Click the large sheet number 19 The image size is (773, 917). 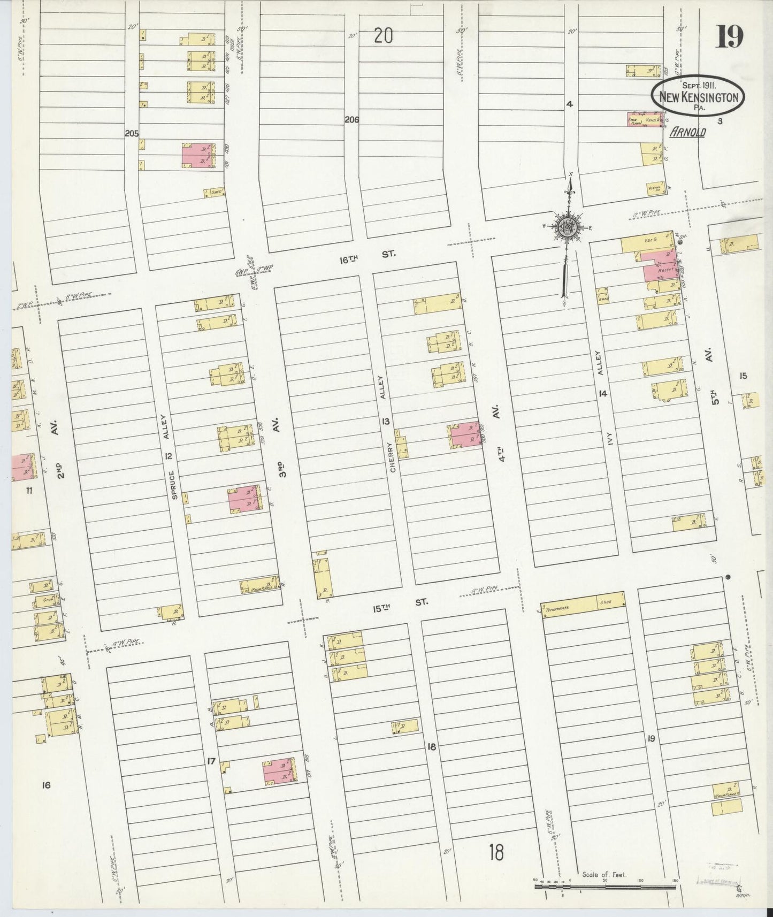tap(729, 37)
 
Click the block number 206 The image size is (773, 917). tap(351, 120)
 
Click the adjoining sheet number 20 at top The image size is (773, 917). tap(383, 36)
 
